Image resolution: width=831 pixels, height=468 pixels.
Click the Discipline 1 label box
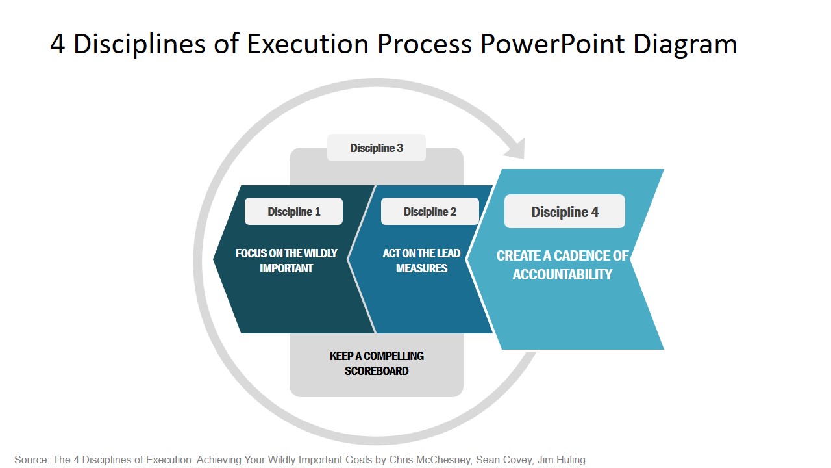pyautogui.click(x=293, y=212)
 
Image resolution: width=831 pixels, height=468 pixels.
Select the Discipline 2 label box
pyautogui.click(x=430, y=212)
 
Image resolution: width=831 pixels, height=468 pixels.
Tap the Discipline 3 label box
pyautogui.click(x=377, y=148)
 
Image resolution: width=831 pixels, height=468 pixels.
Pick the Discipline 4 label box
pyautogui.click(x=565, y=212)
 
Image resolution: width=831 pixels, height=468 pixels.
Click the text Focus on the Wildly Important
pyautogui.click(x=286, y=261)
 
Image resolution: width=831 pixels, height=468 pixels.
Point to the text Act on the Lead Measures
pyautogui.click(x=421, y=261)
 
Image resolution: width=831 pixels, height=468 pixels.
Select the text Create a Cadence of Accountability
pyautogui.click(x=562, y=265)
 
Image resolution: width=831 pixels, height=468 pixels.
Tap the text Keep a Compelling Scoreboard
pyautogui.click(x=377, y=363)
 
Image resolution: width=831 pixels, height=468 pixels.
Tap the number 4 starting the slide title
pyautogui.click(x=57, y=44)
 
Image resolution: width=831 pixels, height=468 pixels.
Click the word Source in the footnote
pyautogui.click(x=31, y=460)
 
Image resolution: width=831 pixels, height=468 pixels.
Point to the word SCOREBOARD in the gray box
pyautogui.click(x=377, y=371)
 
